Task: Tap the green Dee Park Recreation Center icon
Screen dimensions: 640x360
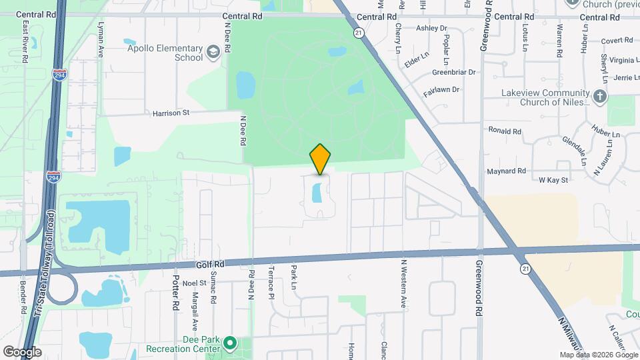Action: [230, 344]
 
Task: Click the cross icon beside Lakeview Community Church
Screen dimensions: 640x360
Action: [599, 97]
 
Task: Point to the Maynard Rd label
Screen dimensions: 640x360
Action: [507, 171]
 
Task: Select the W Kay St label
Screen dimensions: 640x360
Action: [553, 180]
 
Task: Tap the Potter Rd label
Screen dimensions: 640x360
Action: [177, 292]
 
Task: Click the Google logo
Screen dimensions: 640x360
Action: [22, 351]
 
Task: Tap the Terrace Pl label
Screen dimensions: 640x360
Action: [271, 286]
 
